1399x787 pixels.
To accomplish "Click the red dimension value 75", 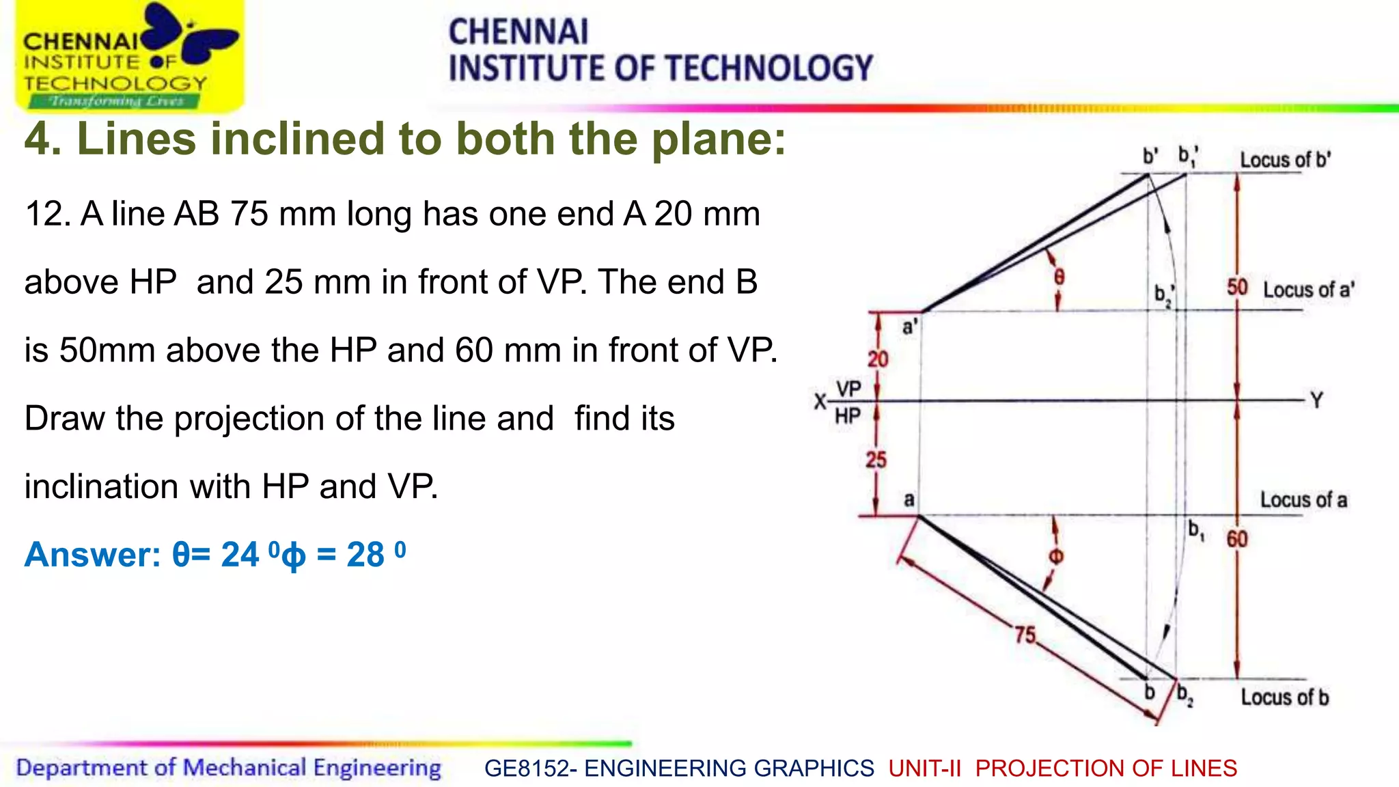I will click(x=1025, y=635).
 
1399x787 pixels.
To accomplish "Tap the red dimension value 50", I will click(x=1237, y=288).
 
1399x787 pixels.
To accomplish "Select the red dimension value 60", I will click(x=1237, y=539).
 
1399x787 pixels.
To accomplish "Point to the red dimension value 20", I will click(x=878, y=359).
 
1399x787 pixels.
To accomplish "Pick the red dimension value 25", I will click(x=876, y=460).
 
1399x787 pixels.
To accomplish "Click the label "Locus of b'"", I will click(x=1285, y=160).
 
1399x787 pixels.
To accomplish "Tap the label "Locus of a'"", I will click(x=1308, y=290).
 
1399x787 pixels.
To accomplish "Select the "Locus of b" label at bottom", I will click(x=1284, y=698).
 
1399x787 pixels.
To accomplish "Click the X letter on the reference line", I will click(x=820, y=402).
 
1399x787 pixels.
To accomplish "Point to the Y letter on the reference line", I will click(x=1317, y=400).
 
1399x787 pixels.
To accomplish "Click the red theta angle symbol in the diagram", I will click(x=1059, y=277).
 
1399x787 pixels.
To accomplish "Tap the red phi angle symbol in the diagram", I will click(x=1056, y=556).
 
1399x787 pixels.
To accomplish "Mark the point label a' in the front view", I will click(x=909, y=327).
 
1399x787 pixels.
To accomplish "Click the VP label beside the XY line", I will click(x=848, y=389).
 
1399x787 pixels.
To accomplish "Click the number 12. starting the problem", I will click(x=48, y=214).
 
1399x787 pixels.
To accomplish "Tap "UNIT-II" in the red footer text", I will click(x=924, y=769).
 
